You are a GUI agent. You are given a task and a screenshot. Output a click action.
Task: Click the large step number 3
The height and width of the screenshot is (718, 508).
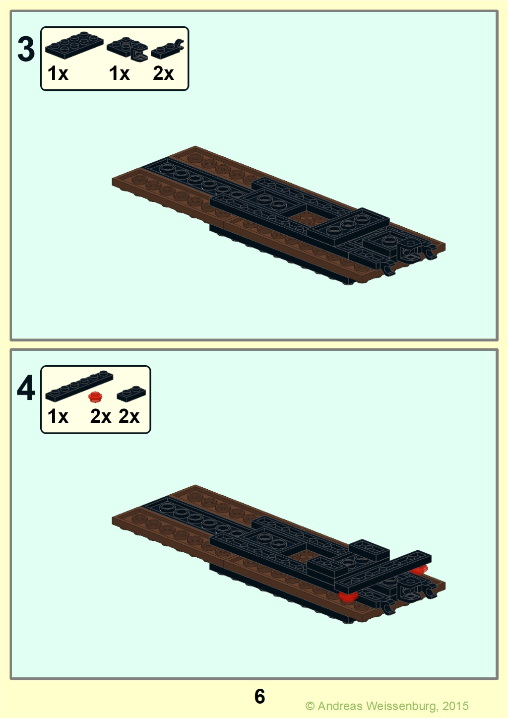(26, 49)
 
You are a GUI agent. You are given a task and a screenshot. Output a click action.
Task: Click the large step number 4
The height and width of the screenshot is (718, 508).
(26, 388)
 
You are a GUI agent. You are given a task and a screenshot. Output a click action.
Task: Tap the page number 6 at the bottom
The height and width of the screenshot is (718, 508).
(259, 697)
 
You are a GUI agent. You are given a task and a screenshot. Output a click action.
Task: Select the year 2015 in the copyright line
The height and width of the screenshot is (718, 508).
(455, 706)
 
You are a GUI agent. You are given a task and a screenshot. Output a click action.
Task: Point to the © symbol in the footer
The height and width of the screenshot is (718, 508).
(310, 706)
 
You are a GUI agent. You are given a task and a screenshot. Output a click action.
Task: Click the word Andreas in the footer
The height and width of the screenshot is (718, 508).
(340, 706)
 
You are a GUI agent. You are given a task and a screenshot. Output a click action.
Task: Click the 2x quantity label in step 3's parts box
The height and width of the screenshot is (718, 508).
(163, 73)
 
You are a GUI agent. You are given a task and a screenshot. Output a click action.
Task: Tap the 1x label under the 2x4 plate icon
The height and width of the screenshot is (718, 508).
(58, 73)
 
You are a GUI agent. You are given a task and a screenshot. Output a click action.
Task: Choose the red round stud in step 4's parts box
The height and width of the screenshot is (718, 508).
(95, 396)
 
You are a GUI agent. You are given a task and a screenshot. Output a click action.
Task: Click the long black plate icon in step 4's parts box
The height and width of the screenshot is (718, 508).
(79, 386)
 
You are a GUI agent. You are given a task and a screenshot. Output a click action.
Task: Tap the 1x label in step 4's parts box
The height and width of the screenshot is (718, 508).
(58, 416)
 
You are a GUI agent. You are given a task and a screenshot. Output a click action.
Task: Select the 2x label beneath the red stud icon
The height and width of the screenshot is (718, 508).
(100, 416)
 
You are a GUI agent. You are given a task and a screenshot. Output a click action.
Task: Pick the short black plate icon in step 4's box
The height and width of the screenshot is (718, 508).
(131, 393)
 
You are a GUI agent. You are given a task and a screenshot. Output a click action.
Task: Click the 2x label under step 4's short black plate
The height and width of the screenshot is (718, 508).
(129, 416)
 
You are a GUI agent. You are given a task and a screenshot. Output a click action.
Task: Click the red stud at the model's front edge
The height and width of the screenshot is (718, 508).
(348, 596)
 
